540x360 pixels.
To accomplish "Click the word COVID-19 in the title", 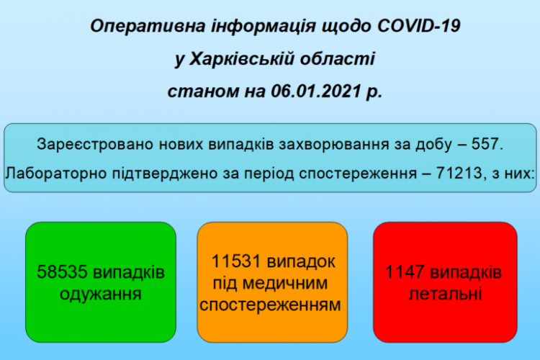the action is (419, 26).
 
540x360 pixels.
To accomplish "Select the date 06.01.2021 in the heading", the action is (316, 91).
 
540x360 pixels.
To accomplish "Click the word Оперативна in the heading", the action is (148, 27).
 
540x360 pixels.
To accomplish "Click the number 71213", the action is (459, 173).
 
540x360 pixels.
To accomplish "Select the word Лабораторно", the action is (55, 174).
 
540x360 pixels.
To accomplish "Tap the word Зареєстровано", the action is (95, 144).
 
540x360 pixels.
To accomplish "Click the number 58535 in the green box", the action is (62, 272).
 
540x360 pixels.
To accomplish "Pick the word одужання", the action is (101, 294).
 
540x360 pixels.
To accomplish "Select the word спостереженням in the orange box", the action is (270, 305).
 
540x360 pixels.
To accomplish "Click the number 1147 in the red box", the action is (405, 272).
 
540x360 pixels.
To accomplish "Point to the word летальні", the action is (445, 294).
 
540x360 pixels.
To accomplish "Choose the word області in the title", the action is (337, 59).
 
